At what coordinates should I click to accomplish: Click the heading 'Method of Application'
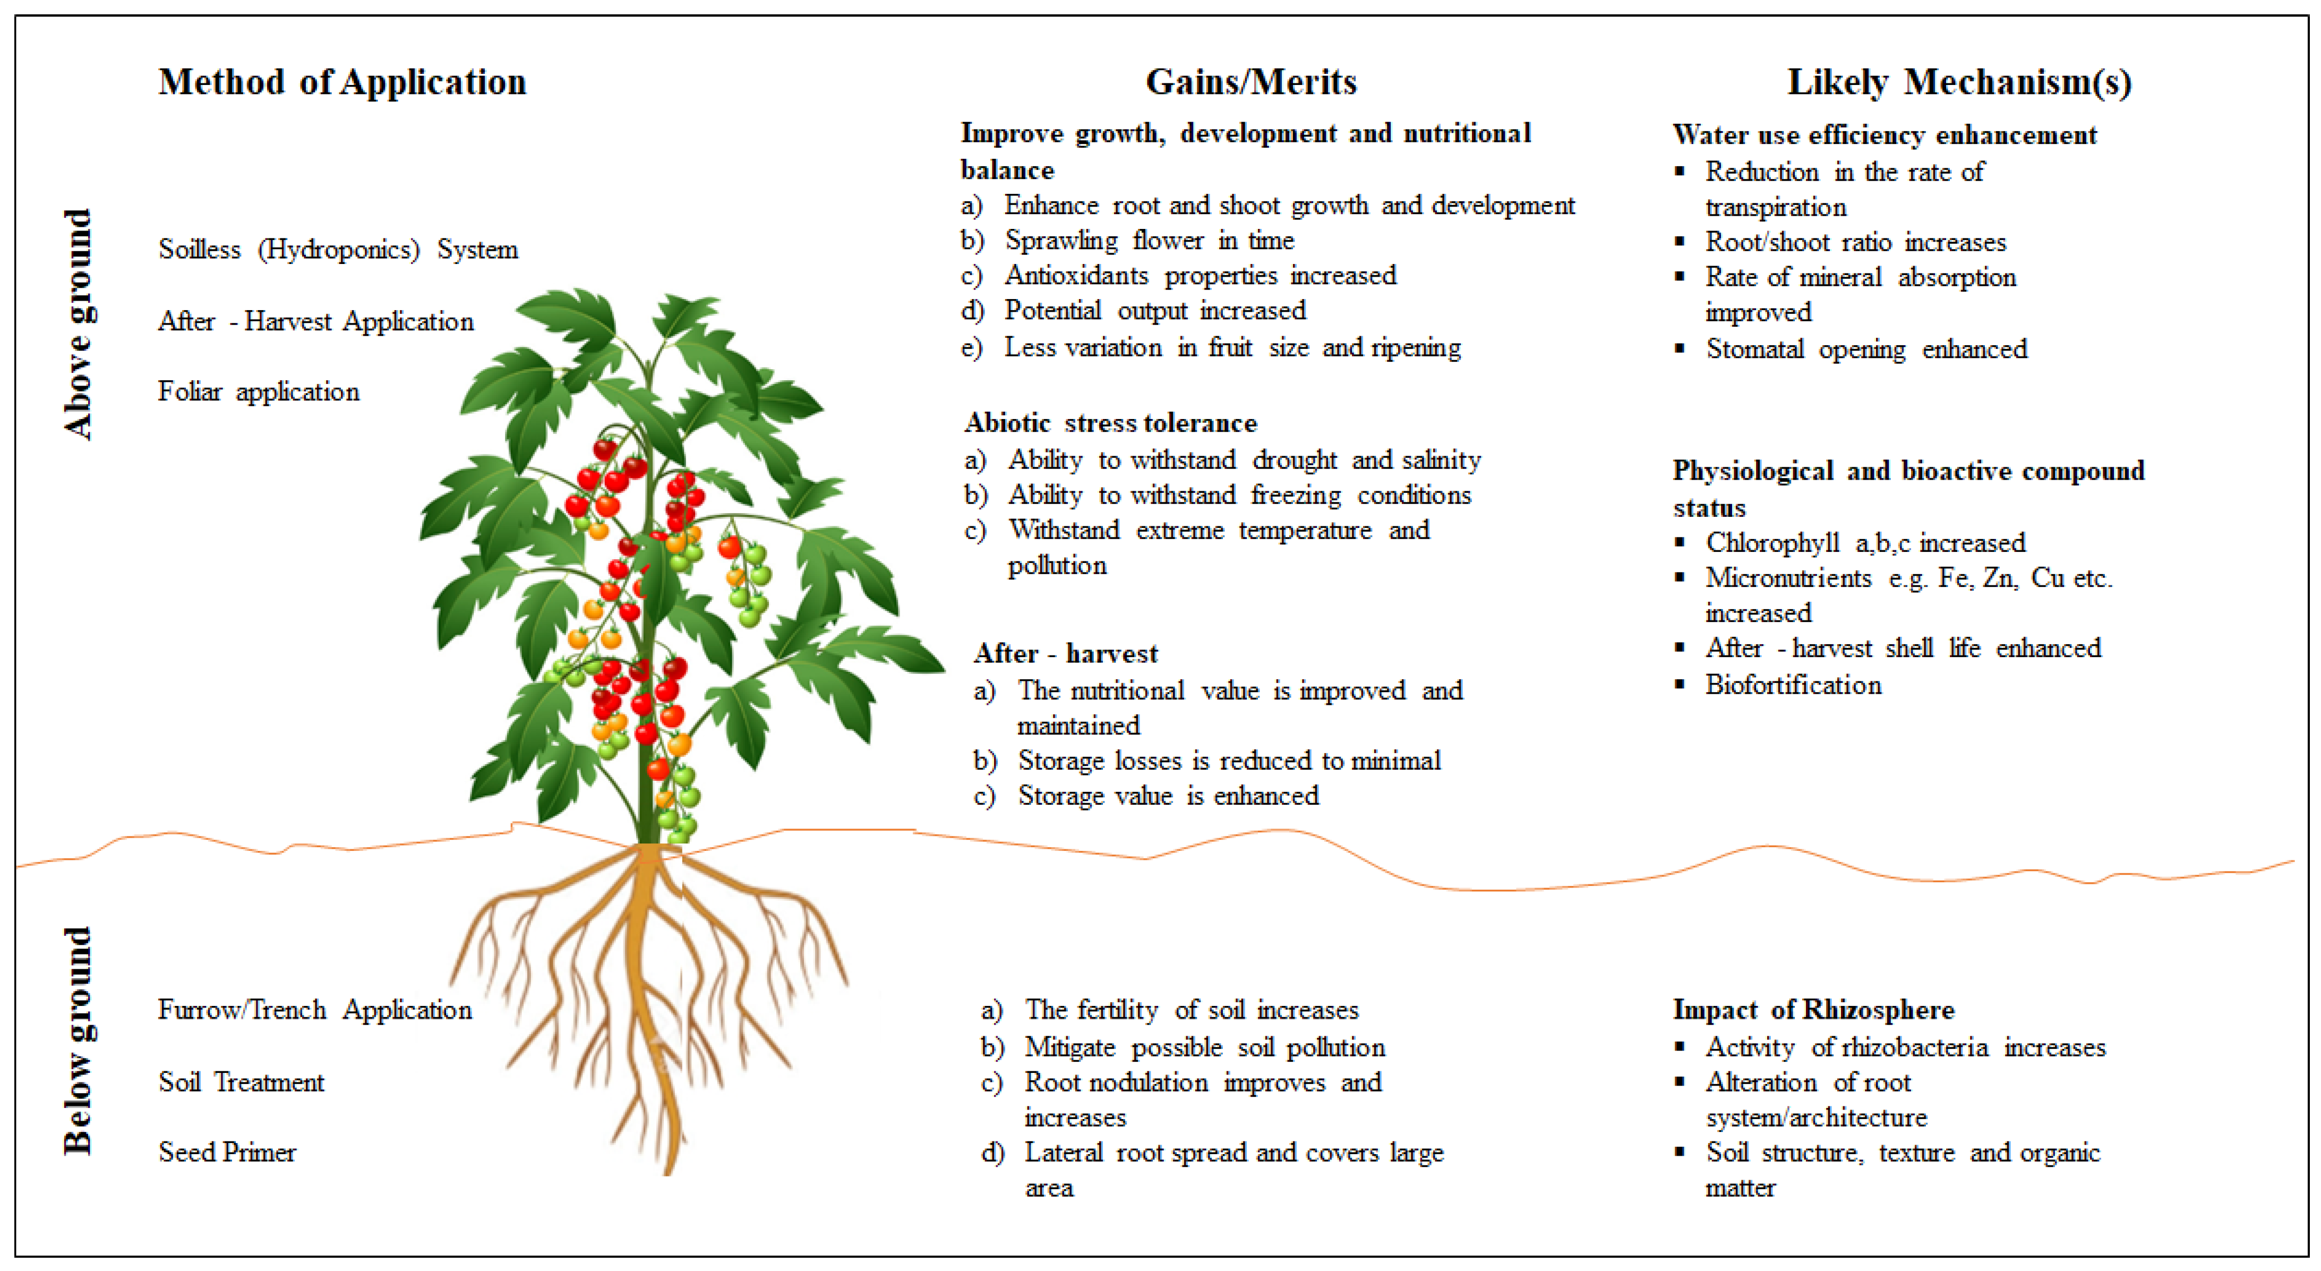342,82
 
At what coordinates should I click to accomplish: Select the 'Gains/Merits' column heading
1251,82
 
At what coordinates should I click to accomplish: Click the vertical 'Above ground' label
79,325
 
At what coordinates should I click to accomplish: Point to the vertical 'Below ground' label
79,1040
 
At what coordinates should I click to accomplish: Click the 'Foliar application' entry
259,391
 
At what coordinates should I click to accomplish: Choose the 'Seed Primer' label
227,1152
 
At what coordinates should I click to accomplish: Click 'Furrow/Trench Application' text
314,1010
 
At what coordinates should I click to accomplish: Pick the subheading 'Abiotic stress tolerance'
1111,423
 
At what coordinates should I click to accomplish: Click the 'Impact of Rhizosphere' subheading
1814,1010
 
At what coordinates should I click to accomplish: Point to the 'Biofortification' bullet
1793,685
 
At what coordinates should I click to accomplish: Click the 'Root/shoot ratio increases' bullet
1855,243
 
